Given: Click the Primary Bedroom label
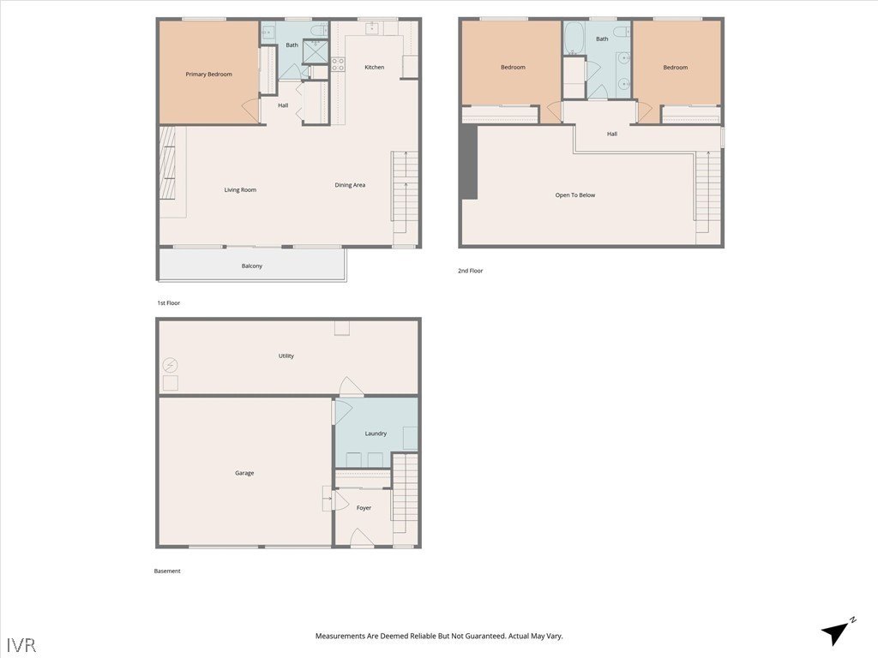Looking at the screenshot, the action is click(x=208, y=74).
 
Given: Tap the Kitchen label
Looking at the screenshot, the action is click(x=374, y=67).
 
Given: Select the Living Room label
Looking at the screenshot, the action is click(x=240, y=189).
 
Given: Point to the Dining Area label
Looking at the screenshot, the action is click(x=350, y=185).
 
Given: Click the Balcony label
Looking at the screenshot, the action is click(x=252, y=266).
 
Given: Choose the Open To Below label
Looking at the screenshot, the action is click(x=575, y=194).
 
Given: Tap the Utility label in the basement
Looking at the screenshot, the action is click(x=286, y=356).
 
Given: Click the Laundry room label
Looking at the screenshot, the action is click(x=376, y=433).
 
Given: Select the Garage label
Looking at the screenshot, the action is click(x=244, y=473).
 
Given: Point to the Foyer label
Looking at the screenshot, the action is click(x=364, y=508).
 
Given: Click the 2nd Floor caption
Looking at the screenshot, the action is click(x=471, y=271).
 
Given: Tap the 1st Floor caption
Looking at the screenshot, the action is click(x=169, y=302).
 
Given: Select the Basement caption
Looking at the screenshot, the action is click(x=167, y=571).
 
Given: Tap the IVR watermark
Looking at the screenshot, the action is click(x=21, y=644).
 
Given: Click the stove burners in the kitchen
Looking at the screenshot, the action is click(x=338, y=64).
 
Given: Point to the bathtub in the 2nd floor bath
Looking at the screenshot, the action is click(x=573, y=38).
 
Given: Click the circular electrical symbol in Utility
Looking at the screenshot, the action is click(x=171, y=366).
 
